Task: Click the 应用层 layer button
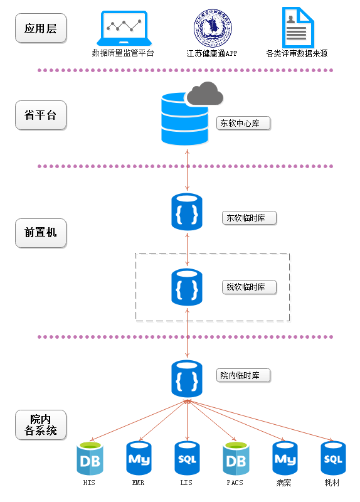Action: click(41, 28)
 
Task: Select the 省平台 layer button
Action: click(41, 115)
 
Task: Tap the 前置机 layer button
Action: click(41, 233)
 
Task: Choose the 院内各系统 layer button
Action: click(41, 425)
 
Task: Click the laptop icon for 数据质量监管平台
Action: click(124, 28)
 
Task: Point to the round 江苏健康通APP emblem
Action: click(213, 28)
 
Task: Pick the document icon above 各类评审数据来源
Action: click(298, 28)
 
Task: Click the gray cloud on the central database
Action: click(205, 93)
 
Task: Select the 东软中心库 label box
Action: click(243, 123)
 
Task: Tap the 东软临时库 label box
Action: click(249, 218)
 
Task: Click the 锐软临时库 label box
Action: click(249, 287)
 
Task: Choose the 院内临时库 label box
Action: click(243, 375)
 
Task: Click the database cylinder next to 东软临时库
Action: click(187, 211)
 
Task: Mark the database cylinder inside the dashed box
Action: click(187, 287)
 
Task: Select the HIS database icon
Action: click(90, 459)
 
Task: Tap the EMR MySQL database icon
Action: click(139, 458)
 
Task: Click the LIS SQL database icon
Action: click(187, 458)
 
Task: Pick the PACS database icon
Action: click(236, 459)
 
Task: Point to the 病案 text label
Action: click(284, 483)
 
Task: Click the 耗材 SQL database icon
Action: click(333, 458)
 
